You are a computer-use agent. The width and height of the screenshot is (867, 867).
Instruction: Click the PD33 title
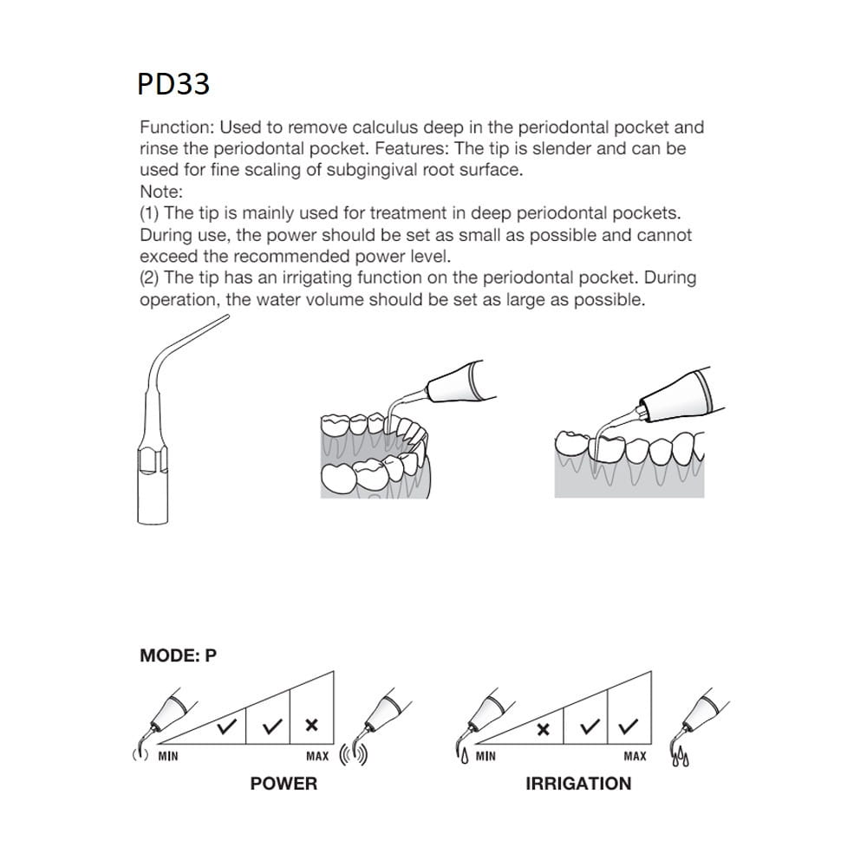click(173, 84)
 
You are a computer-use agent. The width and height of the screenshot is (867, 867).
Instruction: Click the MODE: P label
click(178, 656)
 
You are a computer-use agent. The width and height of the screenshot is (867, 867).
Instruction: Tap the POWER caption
click(284, 784)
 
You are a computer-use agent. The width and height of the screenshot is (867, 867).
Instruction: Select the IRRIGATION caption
click(578, 784)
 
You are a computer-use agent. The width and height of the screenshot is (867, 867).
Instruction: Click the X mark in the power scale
click(312, 726)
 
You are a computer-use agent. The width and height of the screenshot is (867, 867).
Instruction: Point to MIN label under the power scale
click(168, 757)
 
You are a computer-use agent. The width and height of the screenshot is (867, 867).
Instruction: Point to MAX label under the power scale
click(317, 757)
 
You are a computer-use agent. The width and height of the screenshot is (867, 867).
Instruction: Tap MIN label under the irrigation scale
click(486, 757)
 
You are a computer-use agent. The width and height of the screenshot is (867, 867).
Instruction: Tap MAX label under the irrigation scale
click(636, 757)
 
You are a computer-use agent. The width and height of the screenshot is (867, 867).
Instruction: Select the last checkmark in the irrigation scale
click(630, 727)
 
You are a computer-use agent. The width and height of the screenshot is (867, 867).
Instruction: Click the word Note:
click(161, 192)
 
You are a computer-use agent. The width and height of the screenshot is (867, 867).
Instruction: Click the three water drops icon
click(681, 760)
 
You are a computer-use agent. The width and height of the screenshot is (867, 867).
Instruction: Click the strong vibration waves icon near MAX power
click(354, 755)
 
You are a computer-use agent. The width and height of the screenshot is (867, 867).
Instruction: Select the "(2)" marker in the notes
click(150, 277)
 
